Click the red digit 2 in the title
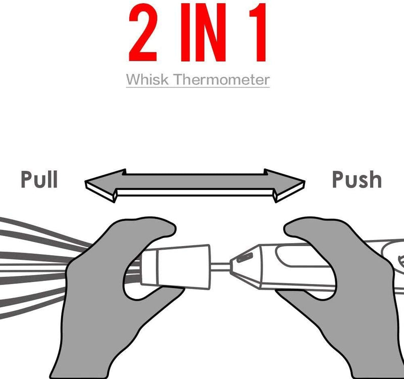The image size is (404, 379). [143, 32]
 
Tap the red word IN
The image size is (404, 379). [203, 32]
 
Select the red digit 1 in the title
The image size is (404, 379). [258, 32]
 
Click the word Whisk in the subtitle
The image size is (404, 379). [147, 79]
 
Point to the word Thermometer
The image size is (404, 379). [221, 79]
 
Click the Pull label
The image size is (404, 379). [39, 179]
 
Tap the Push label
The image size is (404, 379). [357, 179]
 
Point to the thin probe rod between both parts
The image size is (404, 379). [220, 267]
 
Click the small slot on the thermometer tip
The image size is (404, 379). [244, 258]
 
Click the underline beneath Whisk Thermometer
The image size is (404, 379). [198, 87]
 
